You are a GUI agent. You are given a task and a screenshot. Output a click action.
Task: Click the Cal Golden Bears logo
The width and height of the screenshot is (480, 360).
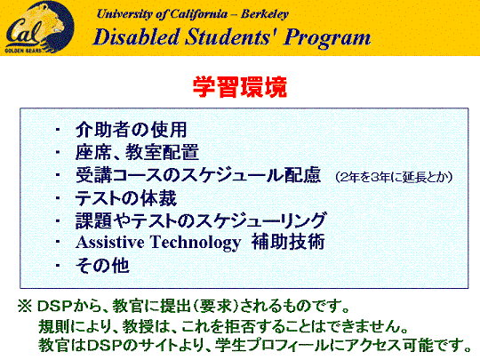point(39,28)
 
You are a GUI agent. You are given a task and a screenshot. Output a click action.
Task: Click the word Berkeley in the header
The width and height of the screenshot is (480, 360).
point(265,14)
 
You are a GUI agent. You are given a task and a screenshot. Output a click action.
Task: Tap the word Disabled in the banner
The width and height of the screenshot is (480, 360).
point(136,37)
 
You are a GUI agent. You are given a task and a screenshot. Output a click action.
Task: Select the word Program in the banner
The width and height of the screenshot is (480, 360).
point(327,38)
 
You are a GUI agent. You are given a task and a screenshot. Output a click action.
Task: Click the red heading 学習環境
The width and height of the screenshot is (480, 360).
point(240,87)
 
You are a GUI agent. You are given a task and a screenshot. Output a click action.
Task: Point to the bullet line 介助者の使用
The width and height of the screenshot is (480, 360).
point(131,130)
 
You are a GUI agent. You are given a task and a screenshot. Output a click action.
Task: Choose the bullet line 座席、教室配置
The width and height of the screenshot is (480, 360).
point(137,152)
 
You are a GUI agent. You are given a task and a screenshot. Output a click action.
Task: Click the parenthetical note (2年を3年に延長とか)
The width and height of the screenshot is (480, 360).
point(394,177)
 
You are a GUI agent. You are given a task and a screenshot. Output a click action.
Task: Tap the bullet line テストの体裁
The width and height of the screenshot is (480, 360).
point(126,198)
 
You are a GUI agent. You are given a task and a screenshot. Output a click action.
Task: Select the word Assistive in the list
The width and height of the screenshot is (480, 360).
point(110,242)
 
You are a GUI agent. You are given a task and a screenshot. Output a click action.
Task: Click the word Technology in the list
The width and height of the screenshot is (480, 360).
point(196,243)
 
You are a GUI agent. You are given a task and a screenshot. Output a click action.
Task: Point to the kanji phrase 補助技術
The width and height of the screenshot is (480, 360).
point(288,242)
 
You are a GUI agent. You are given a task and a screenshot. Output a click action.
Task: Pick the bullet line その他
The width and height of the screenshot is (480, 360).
point(102,265)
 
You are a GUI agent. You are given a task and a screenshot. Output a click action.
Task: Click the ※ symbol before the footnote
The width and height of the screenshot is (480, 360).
point(25,306)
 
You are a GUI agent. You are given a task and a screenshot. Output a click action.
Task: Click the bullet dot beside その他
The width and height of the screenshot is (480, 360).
point(58,265)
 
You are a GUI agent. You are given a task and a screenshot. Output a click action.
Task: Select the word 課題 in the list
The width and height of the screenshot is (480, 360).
point(93,220)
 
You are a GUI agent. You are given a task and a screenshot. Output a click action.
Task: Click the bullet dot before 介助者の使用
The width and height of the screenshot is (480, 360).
point(58,130)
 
